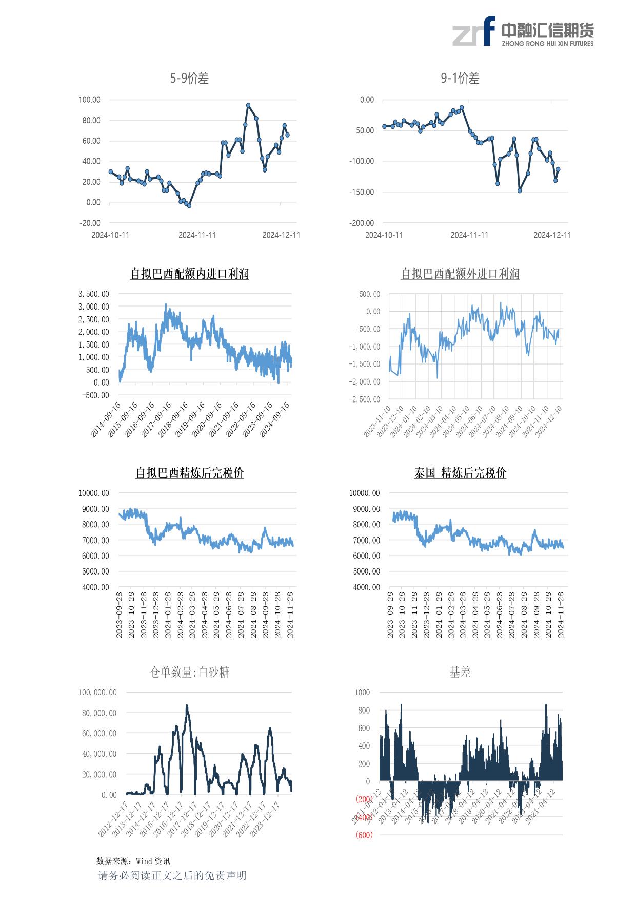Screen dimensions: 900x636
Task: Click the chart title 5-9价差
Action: [x=189, y=79]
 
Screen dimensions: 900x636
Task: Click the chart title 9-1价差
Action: [x=460, y=79]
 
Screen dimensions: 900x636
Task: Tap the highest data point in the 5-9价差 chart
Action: [x=248, y=105]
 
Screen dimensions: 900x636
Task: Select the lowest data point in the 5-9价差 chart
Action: [x=189, y=206]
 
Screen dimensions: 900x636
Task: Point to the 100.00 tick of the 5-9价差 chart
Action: [x=89, y=100]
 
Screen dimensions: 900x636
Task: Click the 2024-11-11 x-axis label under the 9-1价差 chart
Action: [x=469, y=235]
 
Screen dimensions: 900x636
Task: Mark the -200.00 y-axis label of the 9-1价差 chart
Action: [x=362, y=223]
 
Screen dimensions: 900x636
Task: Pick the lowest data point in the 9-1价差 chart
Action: [x=520, y=190]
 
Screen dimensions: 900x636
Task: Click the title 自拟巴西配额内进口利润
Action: [x=189, y=274]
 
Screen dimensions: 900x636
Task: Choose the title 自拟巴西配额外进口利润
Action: [x=460, y=274]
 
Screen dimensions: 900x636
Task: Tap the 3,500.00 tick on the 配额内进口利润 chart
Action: [x=93, y=294]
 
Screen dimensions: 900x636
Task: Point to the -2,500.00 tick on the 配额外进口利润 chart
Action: [x=365, y=399]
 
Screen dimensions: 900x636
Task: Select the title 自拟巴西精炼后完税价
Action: [x=189, y=473]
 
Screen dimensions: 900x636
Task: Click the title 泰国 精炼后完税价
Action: [x=460, y=473]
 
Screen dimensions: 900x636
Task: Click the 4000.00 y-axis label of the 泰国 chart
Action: [x=365, y=587]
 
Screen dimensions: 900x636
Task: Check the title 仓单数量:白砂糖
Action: [x=189, y=672]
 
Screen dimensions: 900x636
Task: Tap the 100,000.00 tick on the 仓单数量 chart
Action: [x=97, y=693]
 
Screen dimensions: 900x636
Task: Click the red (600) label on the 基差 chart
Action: [x=364, y=835]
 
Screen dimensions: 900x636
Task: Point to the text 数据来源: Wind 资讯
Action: [x=133, y=861]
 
